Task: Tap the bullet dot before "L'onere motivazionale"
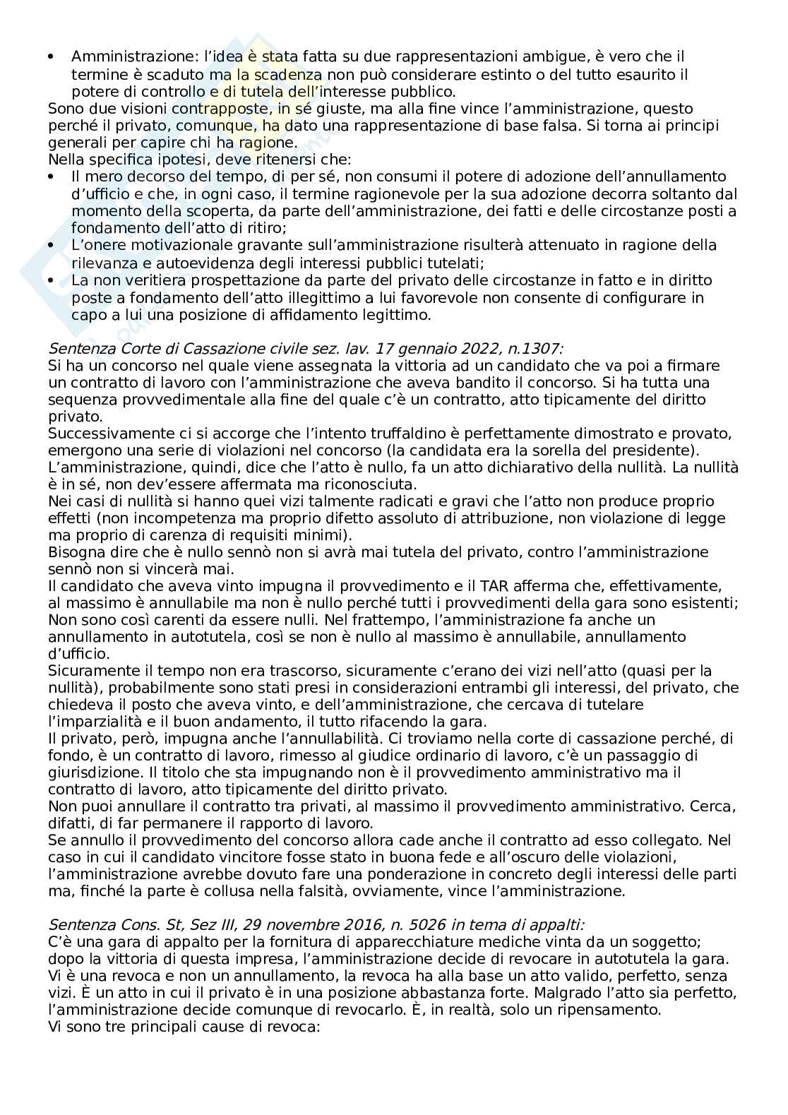click(51, 244)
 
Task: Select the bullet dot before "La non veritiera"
click(51, 280)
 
